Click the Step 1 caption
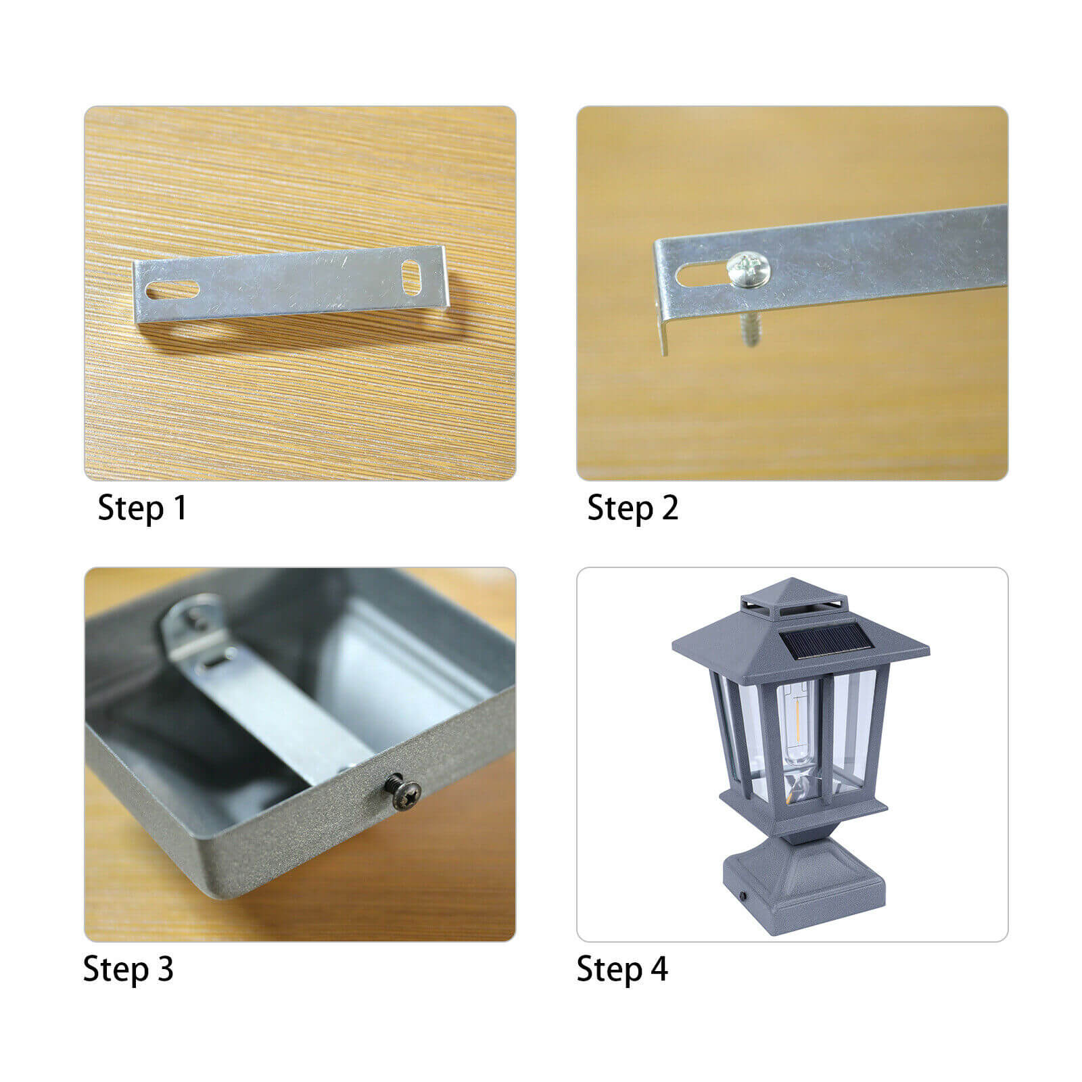point(142,508)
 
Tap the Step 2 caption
point(632,508)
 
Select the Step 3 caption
point(128,969)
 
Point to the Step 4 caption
point(622,969)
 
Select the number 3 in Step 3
point(165,969)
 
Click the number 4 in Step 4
point(659,969)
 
